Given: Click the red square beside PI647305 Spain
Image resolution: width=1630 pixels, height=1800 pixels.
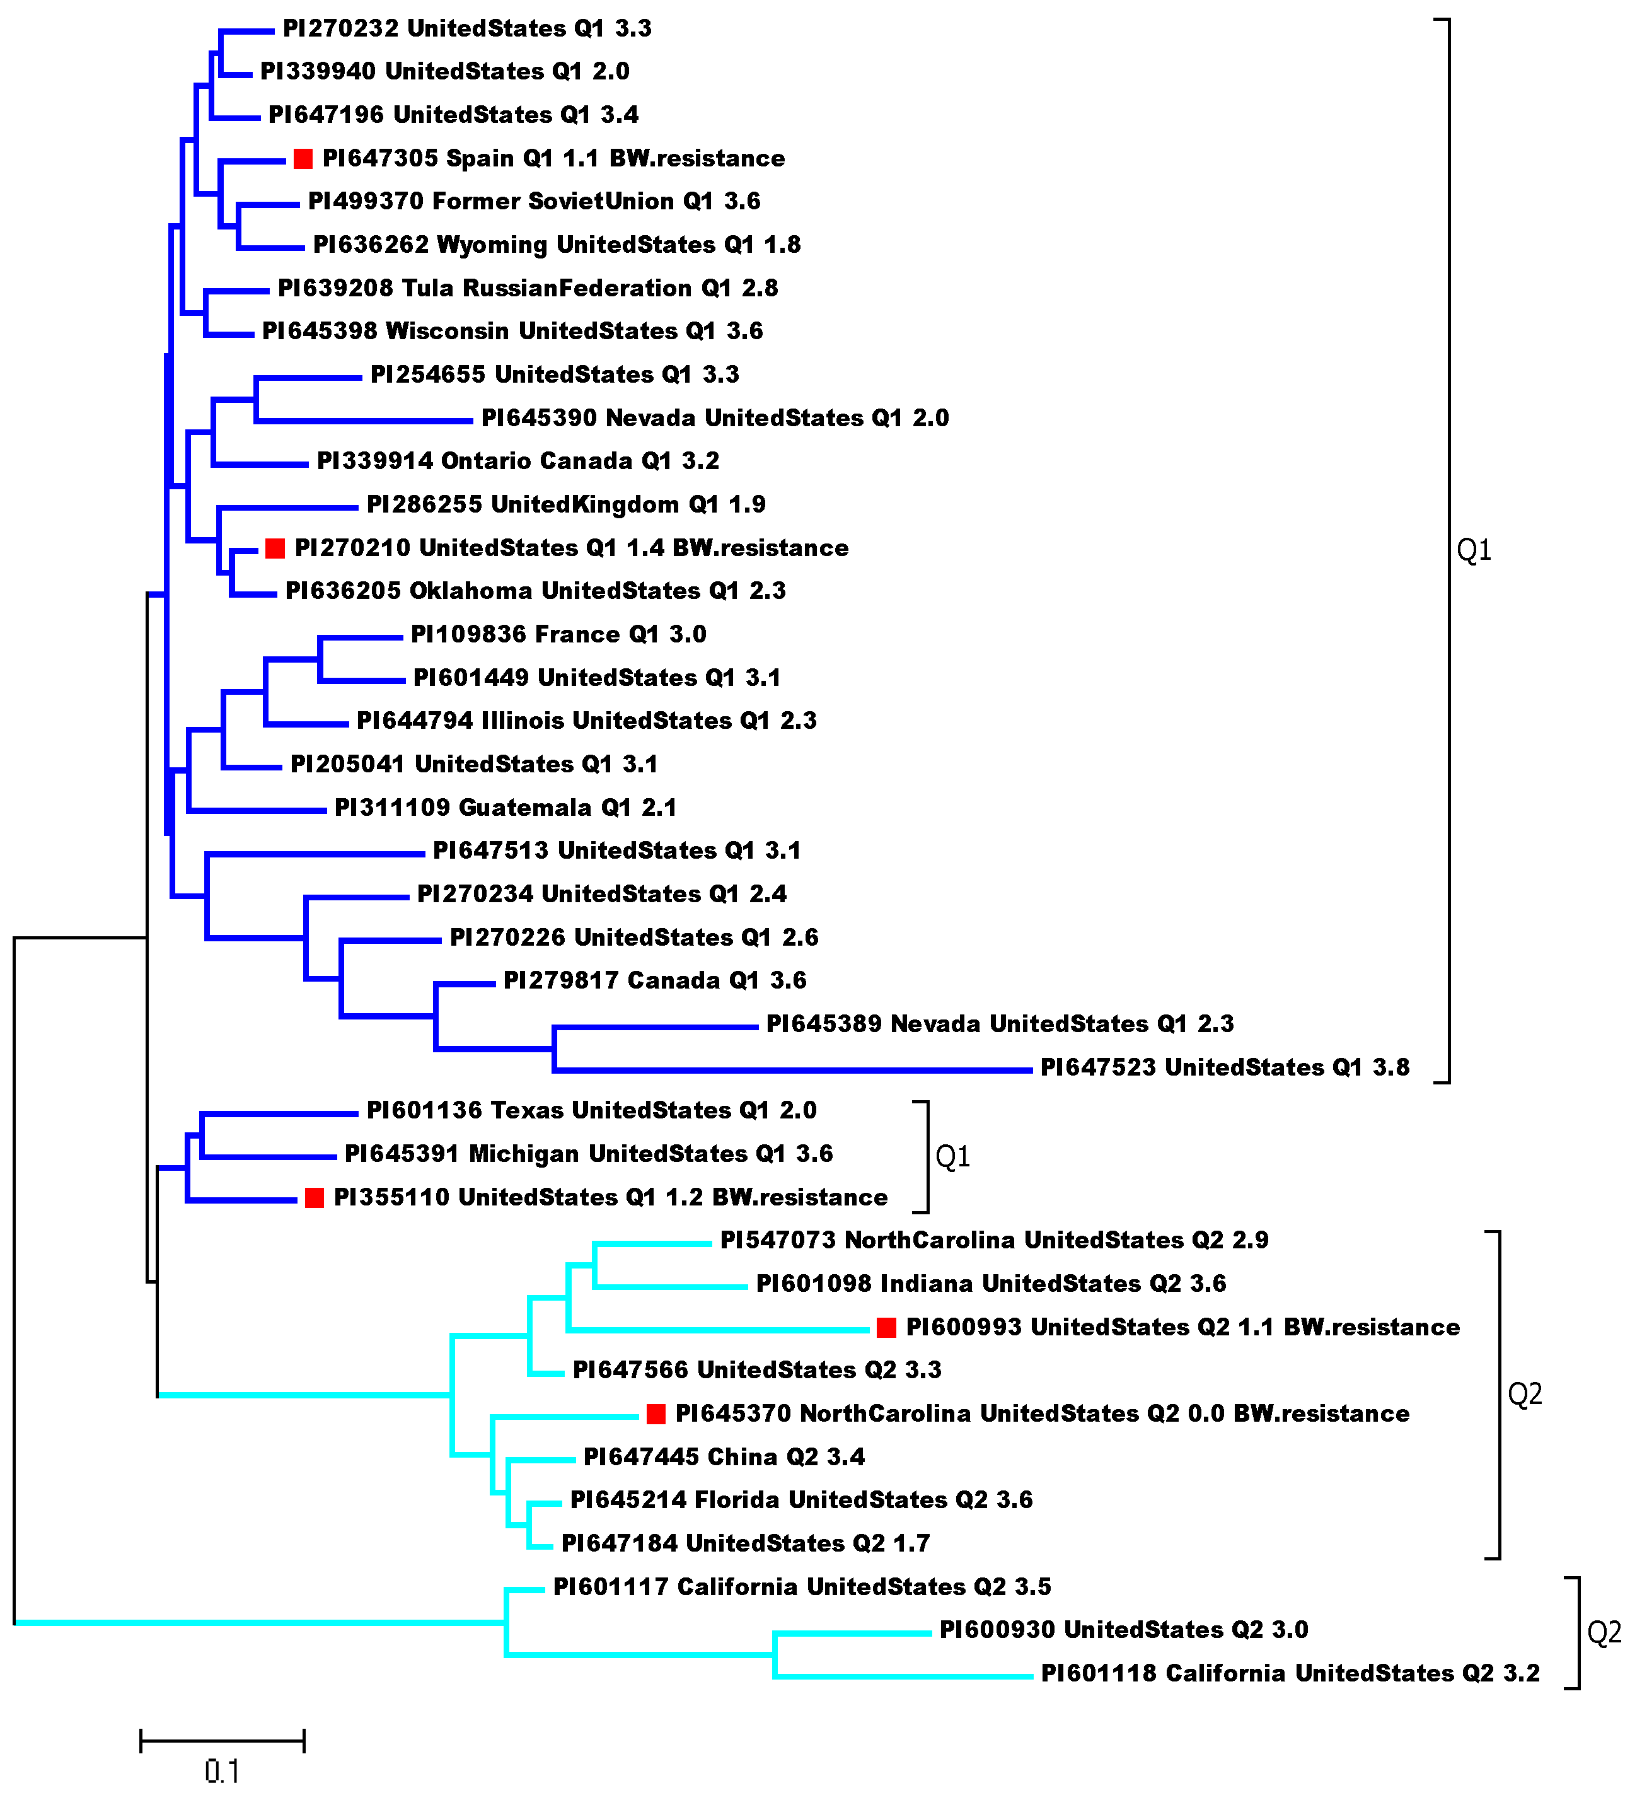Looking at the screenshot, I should click(x=303, y=159).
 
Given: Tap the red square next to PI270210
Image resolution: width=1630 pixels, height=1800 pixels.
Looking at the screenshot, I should click(x=275, y=549).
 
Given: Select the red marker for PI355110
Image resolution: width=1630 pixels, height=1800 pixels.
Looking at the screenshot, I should click(x=315, y=1199).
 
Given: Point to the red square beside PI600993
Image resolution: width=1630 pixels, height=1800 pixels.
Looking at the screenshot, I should click(x=886, y=1328).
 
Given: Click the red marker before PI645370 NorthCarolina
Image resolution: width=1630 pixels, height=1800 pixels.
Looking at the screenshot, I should click(x=656, y=1414).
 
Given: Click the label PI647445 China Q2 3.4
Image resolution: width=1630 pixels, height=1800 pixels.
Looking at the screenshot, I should click(x=724, y=1457).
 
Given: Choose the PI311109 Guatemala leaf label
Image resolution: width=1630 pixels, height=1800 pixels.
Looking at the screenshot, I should click(x=506, y=808).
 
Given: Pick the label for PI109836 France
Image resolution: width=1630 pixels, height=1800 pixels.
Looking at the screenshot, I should click(x=558, y=635).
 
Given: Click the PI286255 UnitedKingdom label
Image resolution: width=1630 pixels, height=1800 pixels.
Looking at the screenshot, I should click(x=566, y=504).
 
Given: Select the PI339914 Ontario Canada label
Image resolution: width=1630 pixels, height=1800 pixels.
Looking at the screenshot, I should click(x=517, y=462).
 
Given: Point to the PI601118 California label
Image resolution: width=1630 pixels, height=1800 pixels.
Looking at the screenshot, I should click(x=1290, y=1673).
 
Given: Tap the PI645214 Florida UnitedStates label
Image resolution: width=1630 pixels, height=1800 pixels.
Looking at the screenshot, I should click(x=801, y=1500).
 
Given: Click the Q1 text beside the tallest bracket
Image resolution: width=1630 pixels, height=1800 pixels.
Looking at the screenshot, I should click(x=1474, y=550).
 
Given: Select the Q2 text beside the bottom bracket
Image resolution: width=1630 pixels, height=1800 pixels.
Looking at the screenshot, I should click(x=1604, y=1633).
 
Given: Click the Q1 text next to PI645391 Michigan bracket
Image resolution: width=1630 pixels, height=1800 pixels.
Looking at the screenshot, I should click(x=952, y=1157).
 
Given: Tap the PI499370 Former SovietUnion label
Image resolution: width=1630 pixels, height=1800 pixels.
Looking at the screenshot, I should click(x=534, y=202).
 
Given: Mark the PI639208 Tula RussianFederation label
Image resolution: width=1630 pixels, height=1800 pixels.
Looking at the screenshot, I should click(x=528, y=288).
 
